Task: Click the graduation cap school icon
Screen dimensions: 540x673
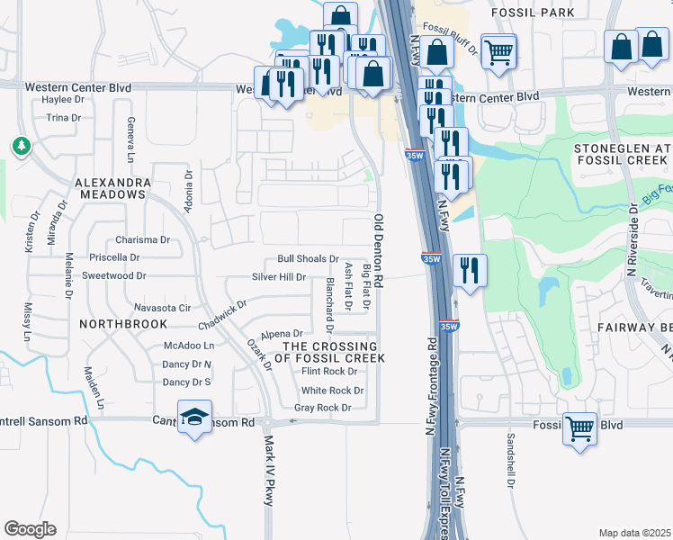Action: (194, 417)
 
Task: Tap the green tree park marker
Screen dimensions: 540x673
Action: (21, 146)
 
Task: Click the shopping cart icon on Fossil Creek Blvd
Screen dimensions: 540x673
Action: (580, 427)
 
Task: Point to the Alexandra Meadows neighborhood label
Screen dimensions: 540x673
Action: (112, 188)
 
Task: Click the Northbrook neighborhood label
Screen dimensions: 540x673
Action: (123, 323)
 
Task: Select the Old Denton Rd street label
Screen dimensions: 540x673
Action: (379, 251)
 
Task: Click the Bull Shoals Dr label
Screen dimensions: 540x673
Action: (308, 259)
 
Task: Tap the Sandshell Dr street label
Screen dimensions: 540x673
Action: (510, 460)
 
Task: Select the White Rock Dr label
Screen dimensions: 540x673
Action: (332, 391)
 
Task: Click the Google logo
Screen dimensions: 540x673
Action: (30, 529)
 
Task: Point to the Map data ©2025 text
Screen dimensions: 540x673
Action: (634, 533)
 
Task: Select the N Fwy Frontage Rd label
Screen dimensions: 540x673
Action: (433, 379)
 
